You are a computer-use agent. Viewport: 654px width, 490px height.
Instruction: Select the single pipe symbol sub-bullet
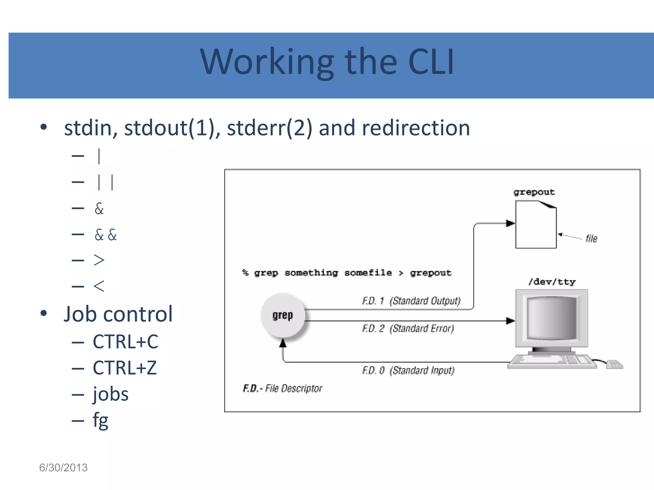point(99,156)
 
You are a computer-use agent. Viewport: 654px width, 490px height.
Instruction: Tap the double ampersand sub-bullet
point(106,235)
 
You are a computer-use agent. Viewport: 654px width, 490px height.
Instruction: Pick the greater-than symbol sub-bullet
point(99,260)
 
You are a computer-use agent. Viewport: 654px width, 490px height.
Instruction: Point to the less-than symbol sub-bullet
point(99,286)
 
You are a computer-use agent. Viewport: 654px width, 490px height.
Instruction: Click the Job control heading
point(118,314)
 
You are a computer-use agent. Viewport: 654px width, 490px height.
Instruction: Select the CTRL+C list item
point(125,342)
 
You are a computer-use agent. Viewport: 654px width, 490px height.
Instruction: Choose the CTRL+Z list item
point(125,368)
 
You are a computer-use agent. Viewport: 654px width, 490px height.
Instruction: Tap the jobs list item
point(110,394)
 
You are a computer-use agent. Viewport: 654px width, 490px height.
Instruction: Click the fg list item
point(100,420)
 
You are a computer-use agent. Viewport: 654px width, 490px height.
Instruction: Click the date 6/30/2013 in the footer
point(63,468)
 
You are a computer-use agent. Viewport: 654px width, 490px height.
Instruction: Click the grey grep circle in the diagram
point(283,315)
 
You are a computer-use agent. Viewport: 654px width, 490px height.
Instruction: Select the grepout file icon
point(536,225)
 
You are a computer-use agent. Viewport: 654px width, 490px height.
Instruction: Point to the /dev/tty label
point(552,282)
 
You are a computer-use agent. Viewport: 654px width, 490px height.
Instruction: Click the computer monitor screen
point(551,318)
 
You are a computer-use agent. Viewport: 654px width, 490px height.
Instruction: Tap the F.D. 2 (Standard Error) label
point(408,328)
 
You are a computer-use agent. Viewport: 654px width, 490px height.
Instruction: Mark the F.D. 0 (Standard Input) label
point(408,370)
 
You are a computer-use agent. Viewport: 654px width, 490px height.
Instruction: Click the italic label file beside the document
point(591,238)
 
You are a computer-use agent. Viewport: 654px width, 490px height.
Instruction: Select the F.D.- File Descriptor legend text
point(283,389)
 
